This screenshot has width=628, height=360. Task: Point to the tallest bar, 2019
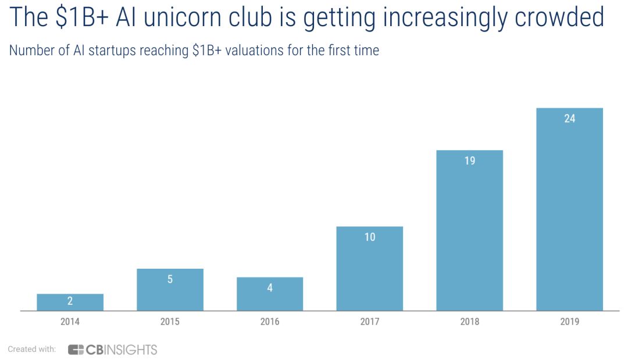[569, 209]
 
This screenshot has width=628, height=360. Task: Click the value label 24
[569, 119]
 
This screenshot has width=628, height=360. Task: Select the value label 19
[469, 161]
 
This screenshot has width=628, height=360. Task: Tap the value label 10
[370, 237]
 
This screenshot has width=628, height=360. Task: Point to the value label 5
[170, 279]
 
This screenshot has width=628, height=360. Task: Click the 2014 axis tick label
[70, 322]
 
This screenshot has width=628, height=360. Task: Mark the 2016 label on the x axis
[270, 322]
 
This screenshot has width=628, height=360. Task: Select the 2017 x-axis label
[370, 322]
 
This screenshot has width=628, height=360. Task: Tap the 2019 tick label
[569, 322]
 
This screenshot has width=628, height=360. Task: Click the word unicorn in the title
[190, 18]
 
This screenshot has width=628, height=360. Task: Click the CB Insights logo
[113, 350]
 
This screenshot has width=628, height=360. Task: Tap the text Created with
[31, 350]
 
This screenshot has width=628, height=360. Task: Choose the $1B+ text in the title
[79, 18]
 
